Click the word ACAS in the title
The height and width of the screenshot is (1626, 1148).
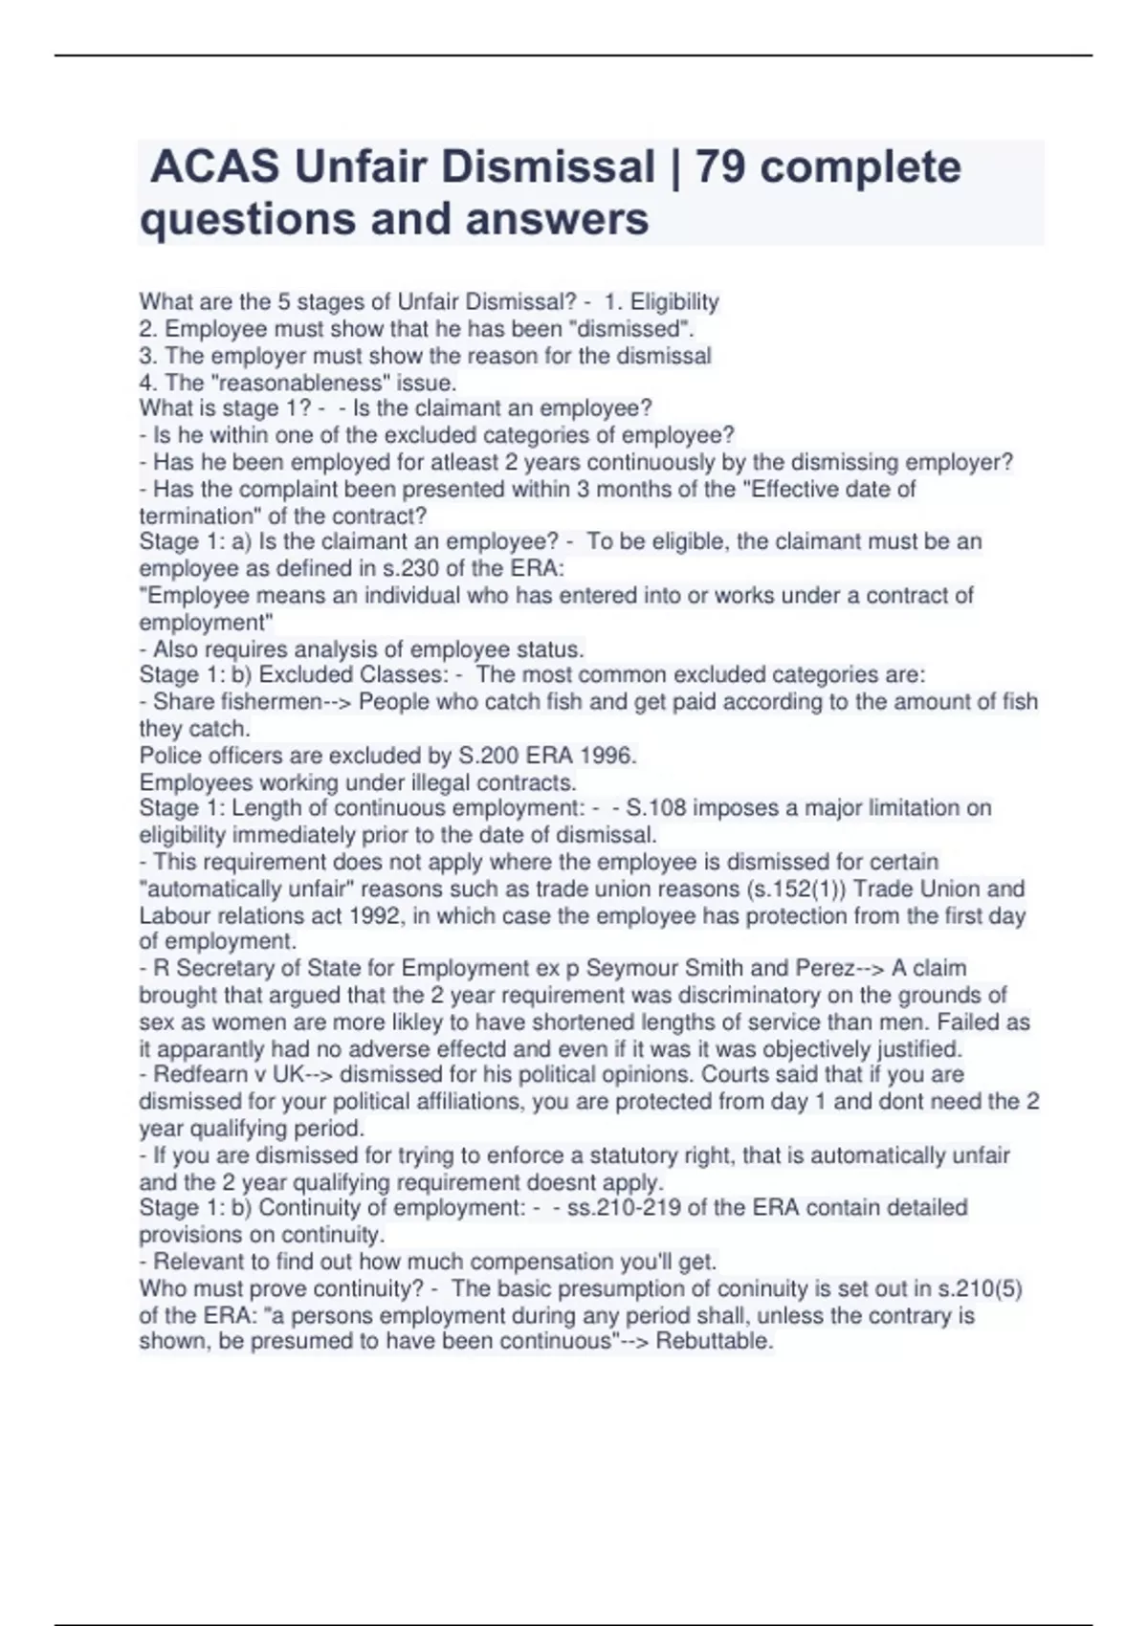click(215, 167)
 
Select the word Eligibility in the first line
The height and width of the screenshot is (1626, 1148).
click(674, 302)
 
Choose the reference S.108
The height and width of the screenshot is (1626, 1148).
click(656, 808)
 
